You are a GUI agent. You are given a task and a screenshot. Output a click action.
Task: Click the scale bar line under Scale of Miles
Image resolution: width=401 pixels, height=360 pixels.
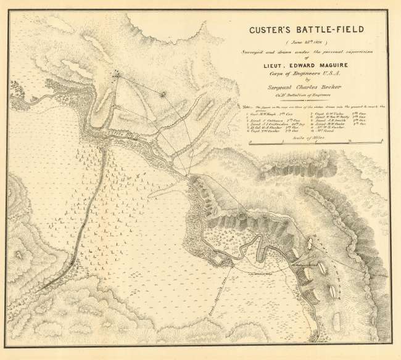[x=300, y=143]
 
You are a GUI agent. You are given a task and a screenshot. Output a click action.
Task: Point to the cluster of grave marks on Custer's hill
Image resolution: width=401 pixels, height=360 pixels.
[x=116, y=73]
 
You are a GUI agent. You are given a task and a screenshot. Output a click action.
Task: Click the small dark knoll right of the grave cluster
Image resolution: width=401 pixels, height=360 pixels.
[x=163, y=94]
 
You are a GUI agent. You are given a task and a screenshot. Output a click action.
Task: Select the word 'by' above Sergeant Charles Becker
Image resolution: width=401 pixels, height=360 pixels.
[x=300, y=81]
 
